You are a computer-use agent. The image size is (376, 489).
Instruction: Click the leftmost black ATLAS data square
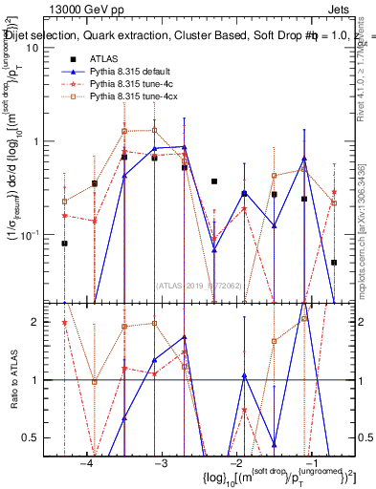click(64, 244)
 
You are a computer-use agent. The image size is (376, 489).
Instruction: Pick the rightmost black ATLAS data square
click(334, 262)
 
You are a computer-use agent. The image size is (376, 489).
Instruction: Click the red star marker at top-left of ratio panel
click(64, 323)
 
